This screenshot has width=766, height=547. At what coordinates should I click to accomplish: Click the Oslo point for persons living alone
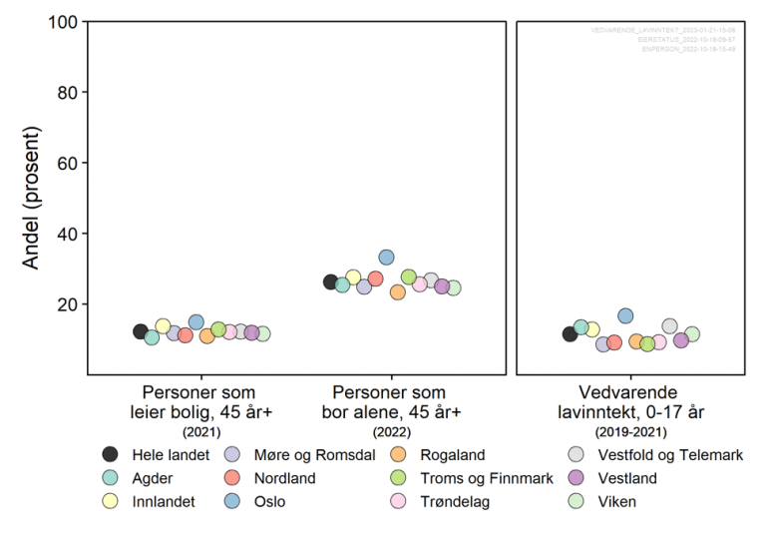[x=386, y=258]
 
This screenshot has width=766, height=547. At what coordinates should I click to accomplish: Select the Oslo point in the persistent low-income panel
[x=625, y=316]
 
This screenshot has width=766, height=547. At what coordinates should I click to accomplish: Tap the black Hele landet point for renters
[x=141, y=331]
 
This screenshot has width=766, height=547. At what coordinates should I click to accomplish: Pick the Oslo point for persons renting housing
[x=196, y=322]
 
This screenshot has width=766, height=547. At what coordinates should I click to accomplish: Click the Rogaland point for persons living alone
[x=397, y=291]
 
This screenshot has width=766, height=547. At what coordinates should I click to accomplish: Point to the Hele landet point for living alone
[x=331, y=281]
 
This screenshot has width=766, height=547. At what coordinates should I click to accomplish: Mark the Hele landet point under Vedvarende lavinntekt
[x=571, y=333]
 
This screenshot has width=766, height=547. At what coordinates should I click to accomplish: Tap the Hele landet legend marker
[x=112, y=455]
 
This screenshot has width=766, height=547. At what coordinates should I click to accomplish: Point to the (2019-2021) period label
[x=630, y=431]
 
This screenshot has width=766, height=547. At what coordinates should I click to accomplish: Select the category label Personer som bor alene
[x=390, y=401]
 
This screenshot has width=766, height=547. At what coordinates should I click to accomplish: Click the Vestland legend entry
[x=626, y=478]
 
